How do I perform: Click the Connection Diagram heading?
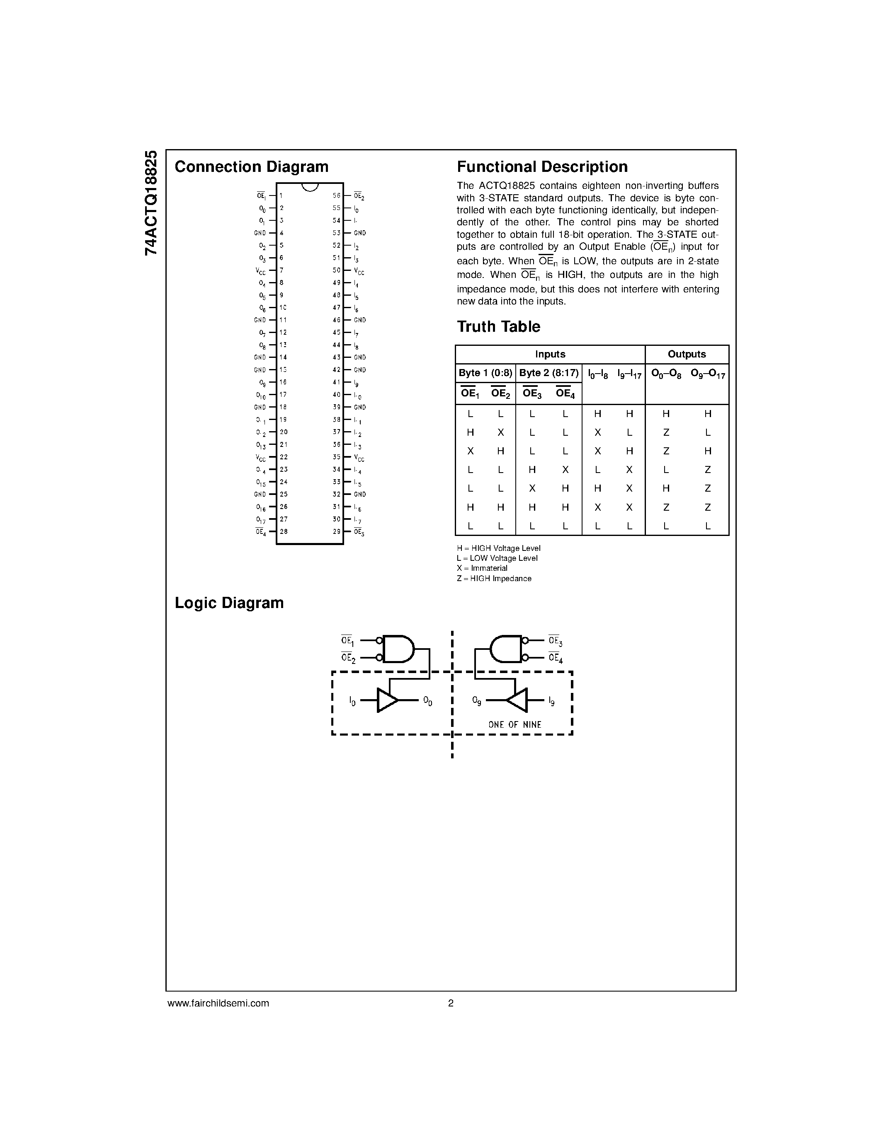click(x=251, y=167)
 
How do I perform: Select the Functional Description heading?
click(x=542, y=167)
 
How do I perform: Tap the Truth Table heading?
click(x=498, y=327)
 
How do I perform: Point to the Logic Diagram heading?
click(x=229, y=603)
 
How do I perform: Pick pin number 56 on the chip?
click(x=337, y=195)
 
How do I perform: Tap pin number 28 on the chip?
click(x=284, y=531)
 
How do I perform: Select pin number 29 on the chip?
click(x=337, y=531)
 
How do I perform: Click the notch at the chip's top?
click(x=310, y=187)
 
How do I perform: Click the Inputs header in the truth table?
click(x=550, y=354)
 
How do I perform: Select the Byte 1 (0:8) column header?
click(x=485, y=373)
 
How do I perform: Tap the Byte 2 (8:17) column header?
click(x=549, y=373)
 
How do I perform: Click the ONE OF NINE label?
click(x=515, y=724)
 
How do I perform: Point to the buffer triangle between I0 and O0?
click(x=387, y=700)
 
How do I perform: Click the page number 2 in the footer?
click(x=451, y=1003)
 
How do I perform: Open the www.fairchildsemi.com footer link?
click(x=218, y=1003)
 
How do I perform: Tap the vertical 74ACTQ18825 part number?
click(x=151, y=203)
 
